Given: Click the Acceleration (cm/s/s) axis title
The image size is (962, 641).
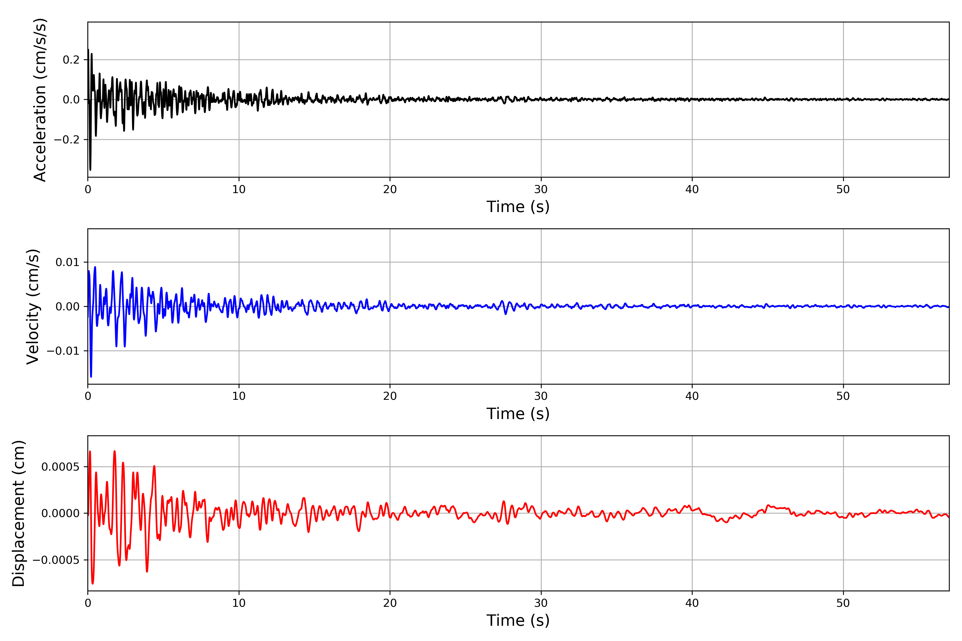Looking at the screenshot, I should [40, 100].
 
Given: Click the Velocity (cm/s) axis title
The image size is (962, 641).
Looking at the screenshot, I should [33, 307].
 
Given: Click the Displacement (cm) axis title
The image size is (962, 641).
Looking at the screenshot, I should [18, 513].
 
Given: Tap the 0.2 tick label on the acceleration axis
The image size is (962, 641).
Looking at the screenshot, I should [71, 60].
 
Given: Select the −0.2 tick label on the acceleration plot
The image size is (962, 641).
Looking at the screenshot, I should [67, 140].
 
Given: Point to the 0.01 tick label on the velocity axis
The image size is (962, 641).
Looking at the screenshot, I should [68, 263].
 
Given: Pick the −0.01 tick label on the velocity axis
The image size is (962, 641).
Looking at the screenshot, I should [63, 351].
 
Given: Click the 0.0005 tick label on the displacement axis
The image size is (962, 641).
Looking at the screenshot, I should [60, 467].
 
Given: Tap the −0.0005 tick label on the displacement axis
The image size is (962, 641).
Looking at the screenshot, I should [56, 560].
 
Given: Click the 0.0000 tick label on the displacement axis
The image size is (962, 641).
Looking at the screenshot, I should [60, 513].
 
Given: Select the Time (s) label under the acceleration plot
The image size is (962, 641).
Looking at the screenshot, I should [518, 207].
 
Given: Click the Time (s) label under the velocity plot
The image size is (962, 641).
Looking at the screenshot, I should [518, 414].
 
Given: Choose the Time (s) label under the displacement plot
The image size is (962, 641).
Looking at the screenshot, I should [518, 620].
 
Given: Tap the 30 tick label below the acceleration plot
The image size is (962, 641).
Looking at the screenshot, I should [541, 190].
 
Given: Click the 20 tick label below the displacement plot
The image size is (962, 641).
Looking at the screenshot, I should [390, 603].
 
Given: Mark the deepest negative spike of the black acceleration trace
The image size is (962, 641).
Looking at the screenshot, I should [90, 170].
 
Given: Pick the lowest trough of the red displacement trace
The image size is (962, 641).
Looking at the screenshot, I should [92, 583].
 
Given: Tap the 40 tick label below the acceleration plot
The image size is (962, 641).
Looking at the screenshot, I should [692, 190].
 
